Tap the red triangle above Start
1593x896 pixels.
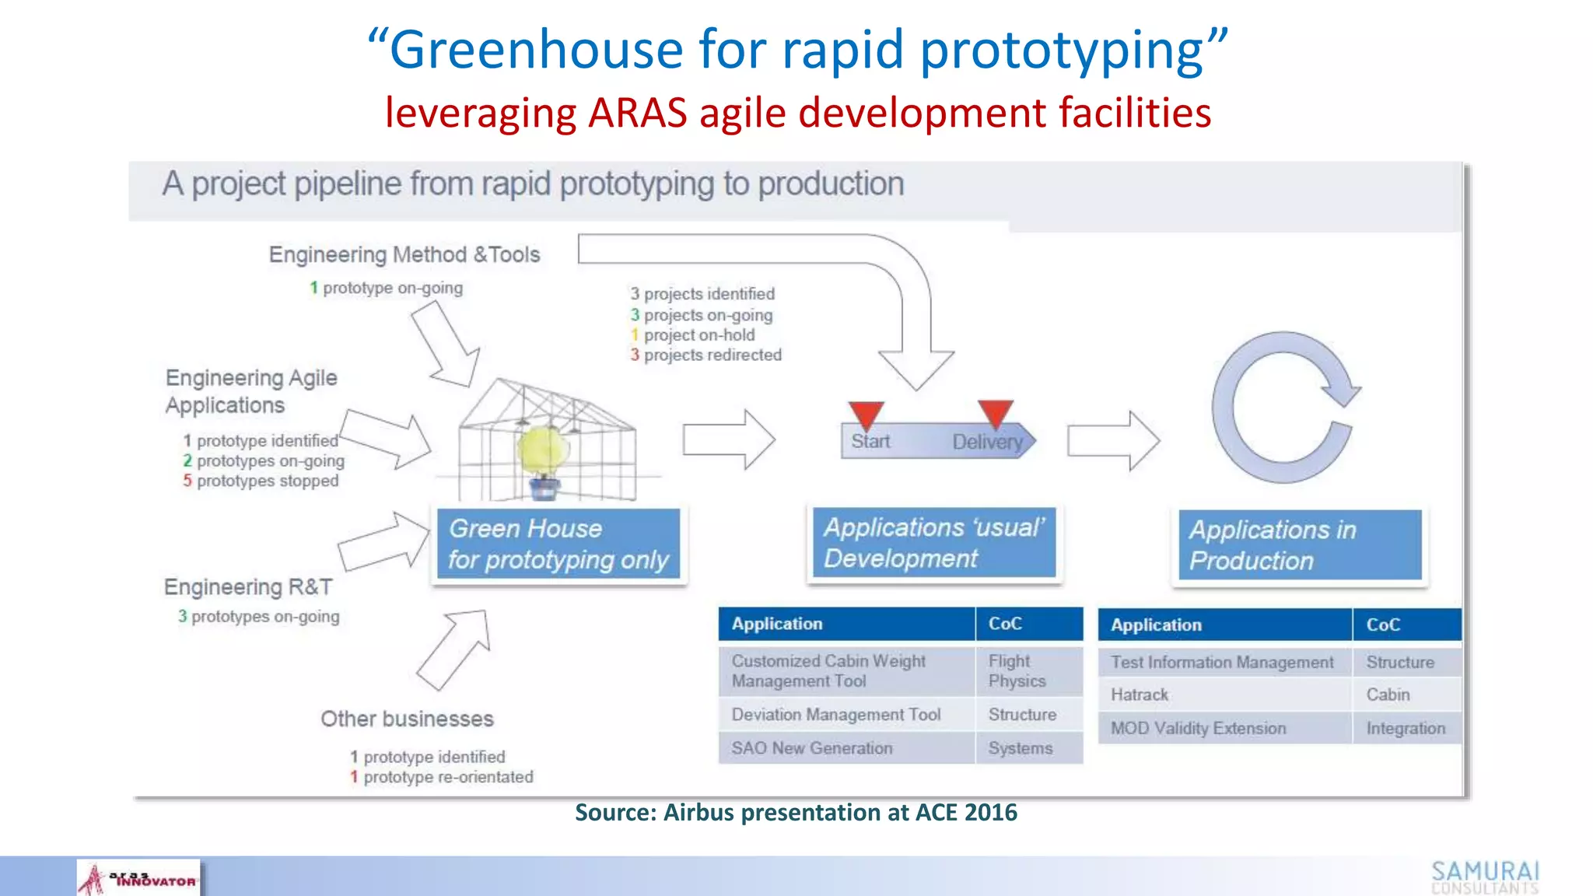(x=866, y=413)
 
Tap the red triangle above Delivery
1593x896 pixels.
(x=995, y=412)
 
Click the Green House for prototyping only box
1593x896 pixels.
(x=558, y=544)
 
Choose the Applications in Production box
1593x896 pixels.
(x=1299, y=544)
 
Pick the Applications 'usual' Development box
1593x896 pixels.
(x=934, y=542)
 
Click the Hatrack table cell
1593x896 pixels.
(x=1224, y=695)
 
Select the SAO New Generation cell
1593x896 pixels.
(x=846, y=748)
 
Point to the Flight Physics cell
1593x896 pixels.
(x=1028, y=670)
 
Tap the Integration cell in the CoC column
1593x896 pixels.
(x=1406, y=729)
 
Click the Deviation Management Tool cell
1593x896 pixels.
(x=846, y=715)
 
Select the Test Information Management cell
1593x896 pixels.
(x=1224, y=663)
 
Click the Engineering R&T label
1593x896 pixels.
(x=248, y=587)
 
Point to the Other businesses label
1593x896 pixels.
(x=407, y=719)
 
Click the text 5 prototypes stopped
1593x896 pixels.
(x=261, y=481)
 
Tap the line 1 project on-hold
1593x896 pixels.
(x=693, y=335)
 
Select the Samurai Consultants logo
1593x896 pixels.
(x=1485, y=877)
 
